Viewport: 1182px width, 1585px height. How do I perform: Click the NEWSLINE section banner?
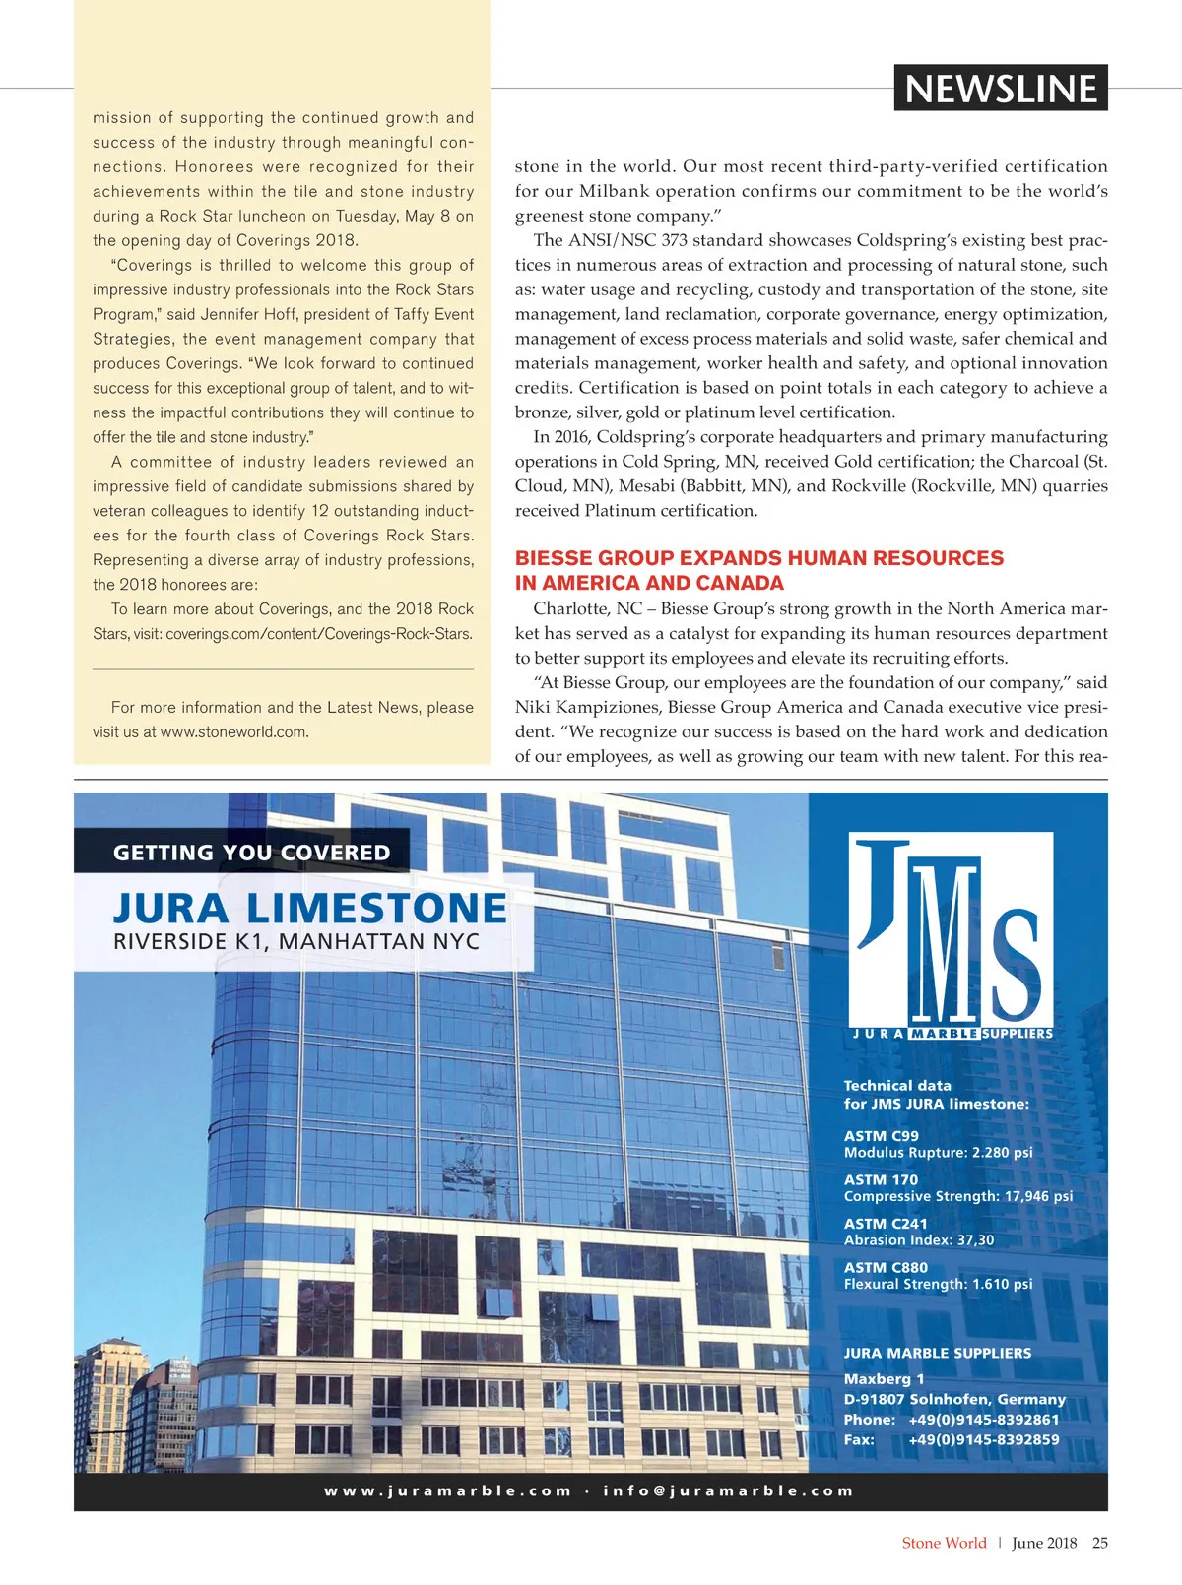[1000, 89]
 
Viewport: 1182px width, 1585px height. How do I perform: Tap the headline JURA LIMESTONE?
[310, 908]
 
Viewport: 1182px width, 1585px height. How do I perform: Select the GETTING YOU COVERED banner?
[252, 853]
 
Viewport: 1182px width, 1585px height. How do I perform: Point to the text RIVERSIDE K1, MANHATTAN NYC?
[296, 942]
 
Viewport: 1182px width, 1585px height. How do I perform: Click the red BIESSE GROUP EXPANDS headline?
[758, 570]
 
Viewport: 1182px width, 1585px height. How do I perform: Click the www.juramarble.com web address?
[447, 1490]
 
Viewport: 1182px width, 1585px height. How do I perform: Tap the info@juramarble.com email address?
[728, 1490]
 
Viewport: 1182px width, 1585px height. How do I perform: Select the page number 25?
[1099, 1543]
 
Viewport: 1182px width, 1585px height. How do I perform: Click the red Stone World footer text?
[944, 1543]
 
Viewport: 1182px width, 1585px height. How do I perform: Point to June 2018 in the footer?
[1044, 1543]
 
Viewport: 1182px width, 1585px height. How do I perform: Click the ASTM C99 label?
[881, 1135]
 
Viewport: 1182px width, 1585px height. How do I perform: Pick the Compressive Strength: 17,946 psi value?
[957, 1196]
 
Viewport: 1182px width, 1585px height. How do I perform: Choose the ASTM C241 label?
[886, 1224]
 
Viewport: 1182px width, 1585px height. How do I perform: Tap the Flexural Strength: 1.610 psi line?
[938, 1284]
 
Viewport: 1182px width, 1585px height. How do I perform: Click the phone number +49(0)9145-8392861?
[983, 1420]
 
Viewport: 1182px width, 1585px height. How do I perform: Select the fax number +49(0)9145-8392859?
[983, 1439]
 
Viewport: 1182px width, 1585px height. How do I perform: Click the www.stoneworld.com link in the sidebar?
[233, 731]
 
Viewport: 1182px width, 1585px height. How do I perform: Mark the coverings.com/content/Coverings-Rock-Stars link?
[319, 633]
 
